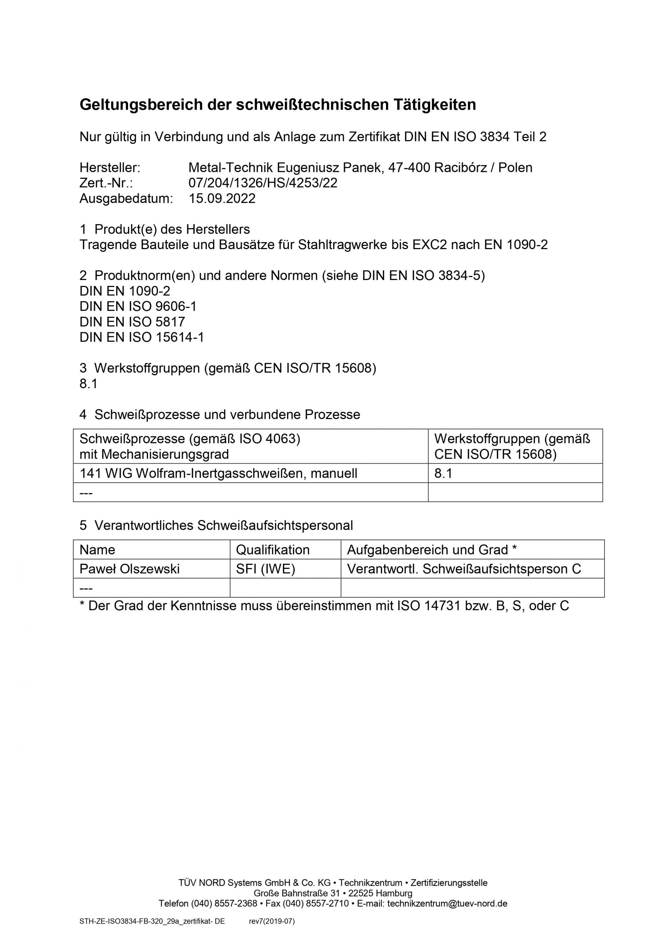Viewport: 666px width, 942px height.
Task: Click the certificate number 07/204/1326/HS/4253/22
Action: coord(263,183)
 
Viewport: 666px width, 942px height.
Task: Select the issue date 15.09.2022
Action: coord(222,199)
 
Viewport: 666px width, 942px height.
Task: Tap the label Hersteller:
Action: coord(110,167)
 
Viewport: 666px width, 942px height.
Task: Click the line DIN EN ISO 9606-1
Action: coord(138,307)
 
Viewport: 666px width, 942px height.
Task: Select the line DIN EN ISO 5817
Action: coord(132,322)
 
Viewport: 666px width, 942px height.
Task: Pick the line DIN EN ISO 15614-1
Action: coord(142,337)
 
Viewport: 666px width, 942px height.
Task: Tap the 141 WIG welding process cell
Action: coord(218,474)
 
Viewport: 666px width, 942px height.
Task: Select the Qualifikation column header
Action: coord(273,550)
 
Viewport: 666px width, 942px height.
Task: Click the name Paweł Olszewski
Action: coord(130,569)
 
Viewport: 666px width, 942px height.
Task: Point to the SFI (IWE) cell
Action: coord(266,569)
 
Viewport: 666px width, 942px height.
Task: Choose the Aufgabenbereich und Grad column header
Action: coord(432,550)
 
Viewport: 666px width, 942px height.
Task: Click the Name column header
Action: coord(97,550)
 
